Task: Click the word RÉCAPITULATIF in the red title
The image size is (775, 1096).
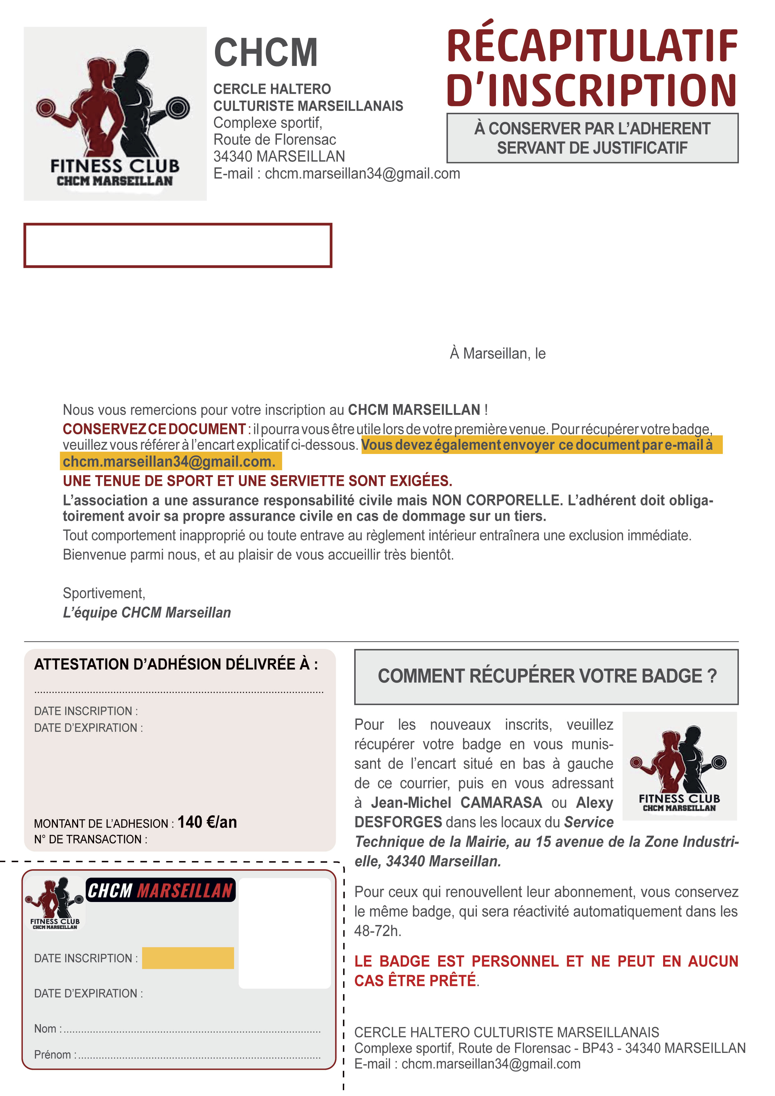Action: pyautogui.click(x=592, y=46)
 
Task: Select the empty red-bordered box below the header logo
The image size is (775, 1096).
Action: pyautogui.click(x=177, y=245)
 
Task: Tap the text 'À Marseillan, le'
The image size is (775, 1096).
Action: pyautogui.click(x=497, y=354)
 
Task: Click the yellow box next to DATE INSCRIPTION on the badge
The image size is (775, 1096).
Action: pyautogui.click(x=188, y=958)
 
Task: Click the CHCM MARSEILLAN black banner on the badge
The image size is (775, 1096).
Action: pyautogui.click(x=160, y=890)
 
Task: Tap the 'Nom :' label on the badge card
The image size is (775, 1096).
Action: pyautogui.click(x=47, y=1029)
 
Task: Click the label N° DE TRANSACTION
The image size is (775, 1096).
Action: pyautogui.click(x=90, y=840)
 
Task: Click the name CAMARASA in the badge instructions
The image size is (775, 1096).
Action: pyautogui.click(x=501, y=803)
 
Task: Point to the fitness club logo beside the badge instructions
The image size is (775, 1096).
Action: pyautogui.click(x=679, y=766)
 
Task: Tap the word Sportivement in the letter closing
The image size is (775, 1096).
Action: pyautogui.click(x=104, y=593)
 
